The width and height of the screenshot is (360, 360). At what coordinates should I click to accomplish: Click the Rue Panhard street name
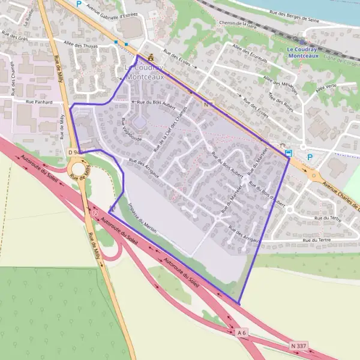tap(39, 103)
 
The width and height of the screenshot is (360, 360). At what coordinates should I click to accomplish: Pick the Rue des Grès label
tap(14, 37)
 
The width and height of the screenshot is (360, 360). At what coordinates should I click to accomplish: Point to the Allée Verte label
tap(326, 88)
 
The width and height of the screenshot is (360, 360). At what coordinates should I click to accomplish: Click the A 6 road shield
tap(242, 332)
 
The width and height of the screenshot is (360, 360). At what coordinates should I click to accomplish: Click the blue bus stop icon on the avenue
tap(289, 153)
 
